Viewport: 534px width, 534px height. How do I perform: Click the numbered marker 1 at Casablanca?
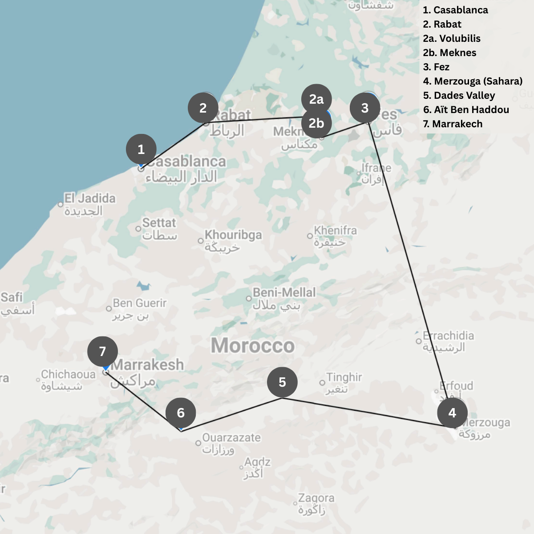141,149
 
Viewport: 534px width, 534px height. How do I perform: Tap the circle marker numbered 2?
203,108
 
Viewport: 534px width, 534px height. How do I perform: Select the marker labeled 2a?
316,99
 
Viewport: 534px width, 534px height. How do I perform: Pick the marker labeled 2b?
316,123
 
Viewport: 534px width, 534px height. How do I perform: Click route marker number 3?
365,108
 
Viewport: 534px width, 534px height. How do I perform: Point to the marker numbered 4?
452,413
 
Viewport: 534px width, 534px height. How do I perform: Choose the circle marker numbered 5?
282,382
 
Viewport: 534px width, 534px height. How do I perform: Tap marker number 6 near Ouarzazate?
181,413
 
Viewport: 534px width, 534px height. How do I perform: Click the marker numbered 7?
103,352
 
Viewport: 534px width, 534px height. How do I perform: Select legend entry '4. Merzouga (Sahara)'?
473,81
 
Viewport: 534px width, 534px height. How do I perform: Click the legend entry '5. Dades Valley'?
459,95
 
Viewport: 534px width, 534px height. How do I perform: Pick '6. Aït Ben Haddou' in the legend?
466,109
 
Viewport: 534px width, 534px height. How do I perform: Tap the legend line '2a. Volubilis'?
452,38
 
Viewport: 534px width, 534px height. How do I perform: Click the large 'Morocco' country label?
253,346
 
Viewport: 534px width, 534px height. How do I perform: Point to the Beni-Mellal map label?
284,293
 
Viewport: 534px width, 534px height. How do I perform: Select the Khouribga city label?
233,235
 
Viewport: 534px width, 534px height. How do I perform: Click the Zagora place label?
316,498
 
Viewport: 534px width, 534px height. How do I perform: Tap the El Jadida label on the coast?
89,198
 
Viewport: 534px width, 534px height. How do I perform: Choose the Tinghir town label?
344,377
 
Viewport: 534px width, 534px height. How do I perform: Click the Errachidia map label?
448,336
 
